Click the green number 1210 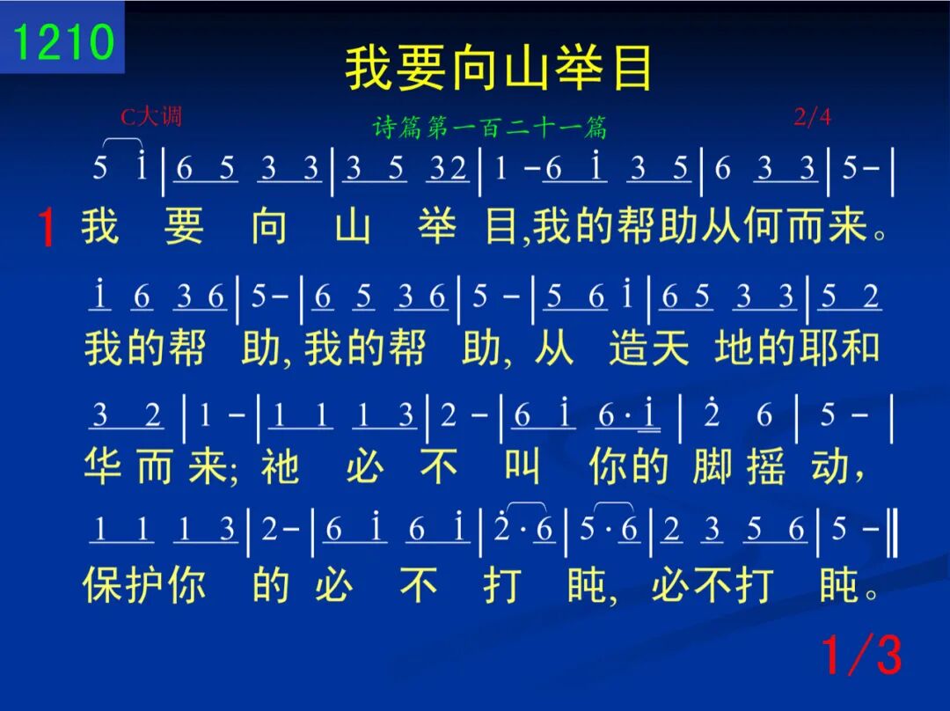(63, 41)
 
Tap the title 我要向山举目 (499, 68)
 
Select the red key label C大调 (151, 116)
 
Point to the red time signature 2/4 (812, 116)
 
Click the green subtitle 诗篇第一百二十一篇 (490, 128)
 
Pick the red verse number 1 (46, 228)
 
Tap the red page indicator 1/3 (861, 655)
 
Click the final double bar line (892, 533)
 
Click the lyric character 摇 (766, 466)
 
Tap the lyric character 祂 (280, 466)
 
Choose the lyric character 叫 (522, 466)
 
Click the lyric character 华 (103, 466)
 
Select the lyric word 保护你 (144, 585)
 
